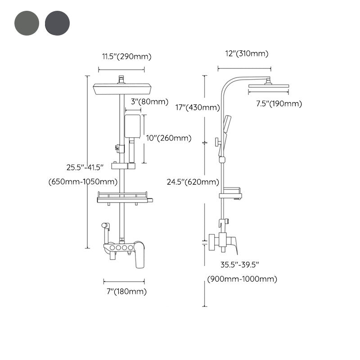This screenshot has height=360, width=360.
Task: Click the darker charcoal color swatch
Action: point(58,23)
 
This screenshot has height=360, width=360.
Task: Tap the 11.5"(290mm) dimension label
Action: point(126,57)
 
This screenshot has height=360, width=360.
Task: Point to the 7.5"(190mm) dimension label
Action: point(279,104)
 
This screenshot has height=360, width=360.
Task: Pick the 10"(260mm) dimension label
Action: point(169,138)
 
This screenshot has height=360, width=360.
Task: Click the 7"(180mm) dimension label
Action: point(124,292)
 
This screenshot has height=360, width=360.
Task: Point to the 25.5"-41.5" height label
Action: point(85,167)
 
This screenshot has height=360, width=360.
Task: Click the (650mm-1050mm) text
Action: point(83,182)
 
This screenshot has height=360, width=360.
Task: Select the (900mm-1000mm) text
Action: point(242,279)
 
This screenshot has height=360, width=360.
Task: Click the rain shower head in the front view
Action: point(121,89)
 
